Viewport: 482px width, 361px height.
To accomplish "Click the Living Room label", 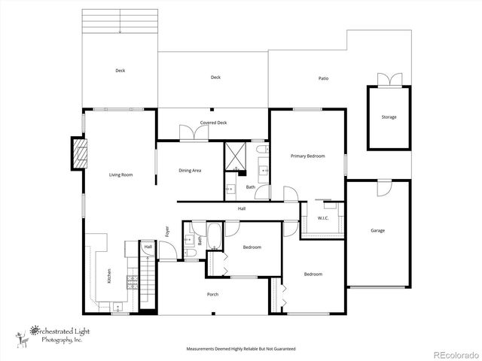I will [x=120, y=174].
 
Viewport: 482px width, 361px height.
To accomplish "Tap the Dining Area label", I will [x=190, y=171].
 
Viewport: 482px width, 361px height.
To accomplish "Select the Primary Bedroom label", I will [x=308, y=156].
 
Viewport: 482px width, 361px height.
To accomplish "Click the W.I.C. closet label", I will [x=323, y=218].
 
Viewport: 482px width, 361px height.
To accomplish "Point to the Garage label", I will [x=377, y=230].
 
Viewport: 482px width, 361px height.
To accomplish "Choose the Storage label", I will [x=389, y=117].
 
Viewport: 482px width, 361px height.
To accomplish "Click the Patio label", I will [x=323, y=78].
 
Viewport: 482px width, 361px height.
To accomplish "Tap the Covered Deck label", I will [x=213, y=123].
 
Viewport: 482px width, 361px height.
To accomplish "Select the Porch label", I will [x=213, y=294].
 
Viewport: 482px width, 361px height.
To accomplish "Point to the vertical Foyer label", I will [x=167, y=233].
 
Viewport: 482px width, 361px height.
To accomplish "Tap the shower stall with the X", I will [x=238, y=156].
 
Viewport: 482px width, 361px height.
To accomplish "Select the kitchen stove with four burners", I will [x=132, y=281].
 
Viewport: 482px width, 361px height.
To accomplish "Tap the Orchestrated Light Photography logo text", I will [x=58, y=334].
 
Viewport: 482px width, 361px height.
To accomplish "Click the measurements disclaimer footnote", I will [x=241, y=349].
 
